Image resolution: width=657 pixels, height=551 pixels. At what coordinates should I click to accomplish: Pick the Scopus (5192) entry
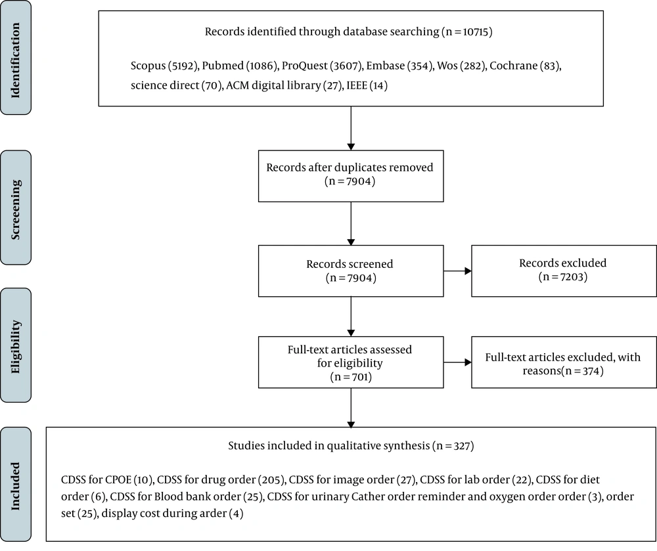click(164, 66)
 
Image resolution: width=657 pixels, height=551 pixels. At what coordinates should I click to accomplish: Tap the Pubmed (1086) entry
click(240, 66)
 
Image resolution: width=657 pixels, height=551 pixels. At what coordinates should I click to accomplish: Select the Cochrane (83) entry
click(525, 66)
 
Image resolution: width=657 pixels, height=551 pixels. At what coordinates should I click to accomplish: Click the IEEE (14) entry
click(367, 86)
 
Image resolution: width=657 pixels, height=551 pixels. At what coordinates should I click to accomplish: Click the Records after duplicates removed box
click(351, 176)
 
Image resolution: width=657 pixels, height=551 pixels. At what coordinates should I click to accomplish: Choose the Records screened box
click(351, 271)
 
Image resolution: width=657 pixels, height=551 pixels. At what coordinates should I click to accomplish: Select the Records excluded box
click(564, 271)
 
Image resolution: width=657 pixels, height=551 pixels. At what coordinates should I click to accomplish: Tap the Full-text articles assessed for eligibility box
click(351, 362)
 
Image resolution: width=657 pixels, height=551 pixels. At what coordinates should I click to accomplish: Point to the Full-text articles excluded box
click(564, 362)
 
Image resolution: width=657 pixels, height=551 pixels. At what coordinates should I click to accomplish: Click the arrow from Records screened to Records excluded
click(457, 271)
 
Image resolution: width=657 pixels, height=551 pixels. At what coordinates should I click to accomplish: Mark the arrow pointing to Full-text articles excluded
click(457, 362)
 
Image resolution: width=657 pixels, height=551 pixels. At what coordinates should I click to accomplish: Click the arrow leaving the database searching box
click(351, 128)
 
